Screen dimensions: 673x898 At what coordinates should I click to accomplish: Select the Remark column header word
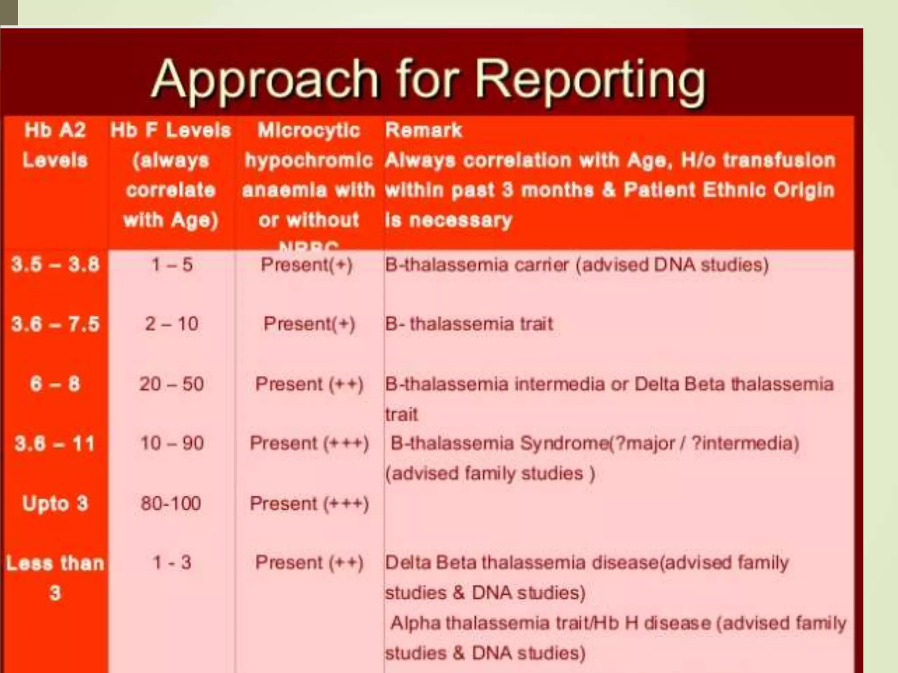click(x=424, y=130)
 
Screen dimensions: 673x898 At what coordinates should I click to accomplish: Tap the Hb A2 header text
click(x=55, y=130)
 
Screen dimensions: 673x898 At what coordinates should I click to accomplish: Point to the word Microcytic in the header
click(x=309, y=130)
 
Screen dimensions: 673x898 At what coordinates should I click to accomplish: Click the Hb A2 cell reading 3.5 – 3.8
click(x=55, y=265)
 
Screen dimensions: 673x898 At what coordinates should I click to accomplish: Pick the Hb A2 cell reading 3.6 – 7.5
click(x=55, y=324)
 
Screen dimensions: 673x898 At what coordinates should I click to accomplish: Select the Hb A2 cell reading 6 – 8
click(x=55, y=384)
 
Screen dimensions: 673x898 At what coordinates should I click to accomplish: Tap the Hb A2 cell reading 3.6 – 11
click(x=55, y=443)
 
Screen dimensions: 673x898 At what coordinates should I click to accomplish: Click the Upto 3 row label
click(x=55, y=503)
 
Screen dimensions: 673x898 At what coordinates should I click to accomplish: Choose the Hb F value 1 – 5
click(x=171, y=265)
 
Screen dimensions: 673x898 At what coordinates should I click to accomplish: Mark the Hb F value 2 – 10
click(x=171, y=324)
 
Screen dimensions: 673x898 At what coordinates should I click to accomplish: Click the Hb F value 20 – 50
click(x=171, y=384)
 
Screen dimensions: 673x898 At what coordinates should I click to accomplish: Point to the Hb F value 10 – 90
click(x=171, y=443)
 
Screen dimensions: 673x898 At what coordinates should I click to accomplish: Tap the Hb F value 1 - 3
click(x=171, y=563)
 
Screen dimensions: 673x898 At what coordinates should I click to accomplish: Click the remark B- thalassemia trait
click(x=469, y=324)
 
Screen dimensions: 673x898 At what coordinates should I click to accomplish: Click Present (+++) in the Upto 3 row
click(x=309, y=503)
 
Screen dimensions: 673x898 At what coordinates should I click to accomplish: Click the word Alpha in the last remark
click(x=415, y=623)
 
